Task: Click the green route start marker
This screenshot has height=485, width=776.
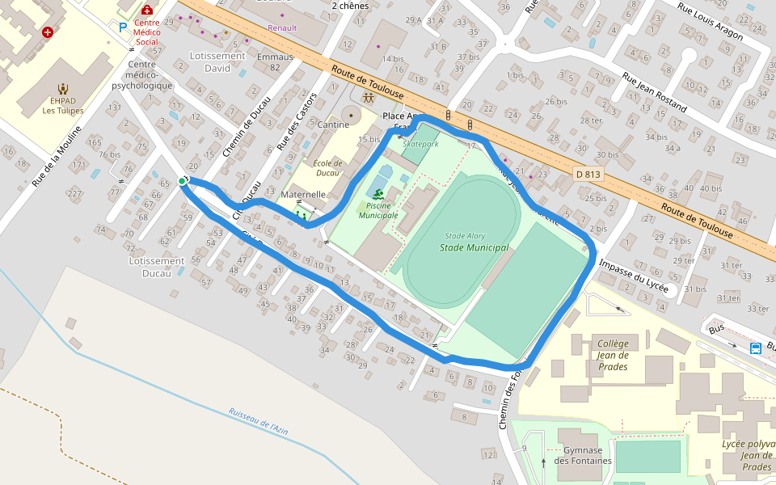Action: tap(183, 181)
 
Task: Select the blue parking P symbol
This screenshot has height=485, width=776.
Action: tap(123, 27)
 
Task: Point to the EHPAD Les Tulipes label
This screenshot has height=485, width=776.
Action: tap(63, 105)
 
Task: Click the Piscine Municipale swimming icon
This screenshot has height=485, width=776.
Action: tap(378, 192)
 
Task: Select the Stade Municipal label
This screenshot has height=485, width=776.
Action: tap(474, 247)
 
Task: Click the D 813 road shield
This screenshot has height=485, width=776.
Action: tap(589, 174)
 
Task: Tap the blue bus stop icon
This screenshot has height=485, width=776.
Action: tap(755, 348)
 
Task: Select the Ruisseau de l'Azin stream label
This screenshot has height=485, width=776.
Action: tap(258, 421)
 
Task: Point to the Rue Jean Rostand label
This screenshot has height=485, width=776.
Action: tap(654, 91)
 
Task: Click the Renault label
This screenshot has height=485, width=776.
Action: tap(282, 27)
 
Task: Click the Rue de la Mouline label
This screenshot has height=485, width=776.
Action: tap(57, 156)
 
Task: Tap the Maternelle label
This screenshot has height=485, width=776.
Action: tap(303, 195)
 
